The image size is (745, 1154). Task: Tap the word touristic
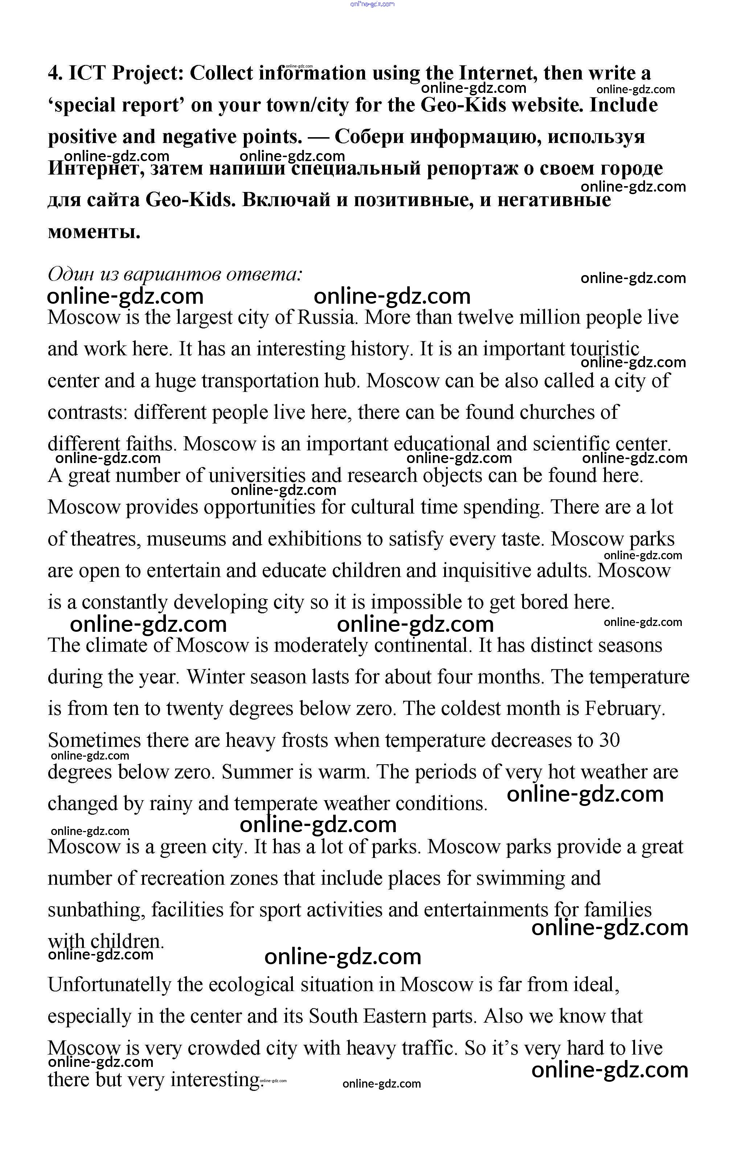coord(605,349)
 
